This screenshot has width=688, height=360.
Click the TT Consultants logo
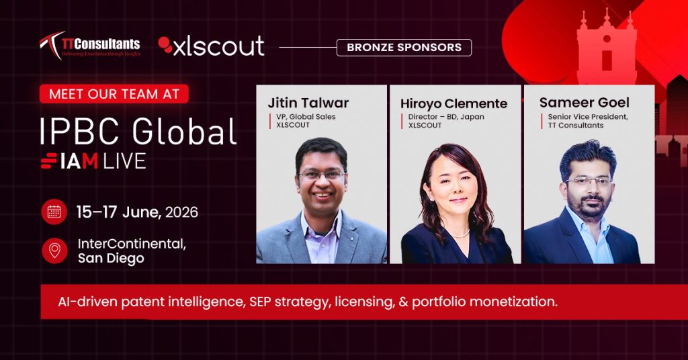pos(90,45)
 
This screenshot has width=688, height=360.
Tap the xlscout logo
pos(211,46)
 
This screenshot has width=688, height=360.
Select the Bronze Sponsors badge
pos(404,48)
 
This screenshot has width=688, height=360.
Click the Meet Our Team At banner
pos(114,94)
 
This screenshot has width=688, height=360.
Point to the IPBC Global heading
pos(138,131)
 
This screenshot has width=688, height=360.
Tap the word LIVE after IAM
pos(124,161)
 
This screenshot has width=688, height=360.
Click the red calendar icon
pos(54,212)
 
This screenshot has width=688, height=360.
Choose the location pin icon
pos(54,251)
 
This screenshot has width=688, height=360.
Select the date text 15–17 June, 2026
pos(137,212)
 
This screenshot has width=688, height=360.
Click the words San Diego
pos(111,259)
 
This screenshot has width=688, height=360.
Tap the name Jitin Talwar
pos(308,103)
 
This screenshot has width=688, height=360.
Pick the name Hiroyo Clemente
pos(454,104)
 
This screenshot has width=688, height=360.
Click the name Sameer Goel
pos(584,103)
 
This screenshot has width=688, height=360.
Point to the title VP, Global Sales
pos(306,117)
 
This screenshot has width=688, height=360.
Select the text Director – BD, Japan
pos(446,117)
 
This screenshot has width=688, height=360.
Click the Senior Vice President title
pos(588,117)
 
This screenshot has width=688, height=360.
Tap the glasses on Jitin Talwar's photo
pos(322,175)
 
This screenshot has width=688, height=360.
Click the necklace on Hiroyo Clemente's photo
pos(460,234)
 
